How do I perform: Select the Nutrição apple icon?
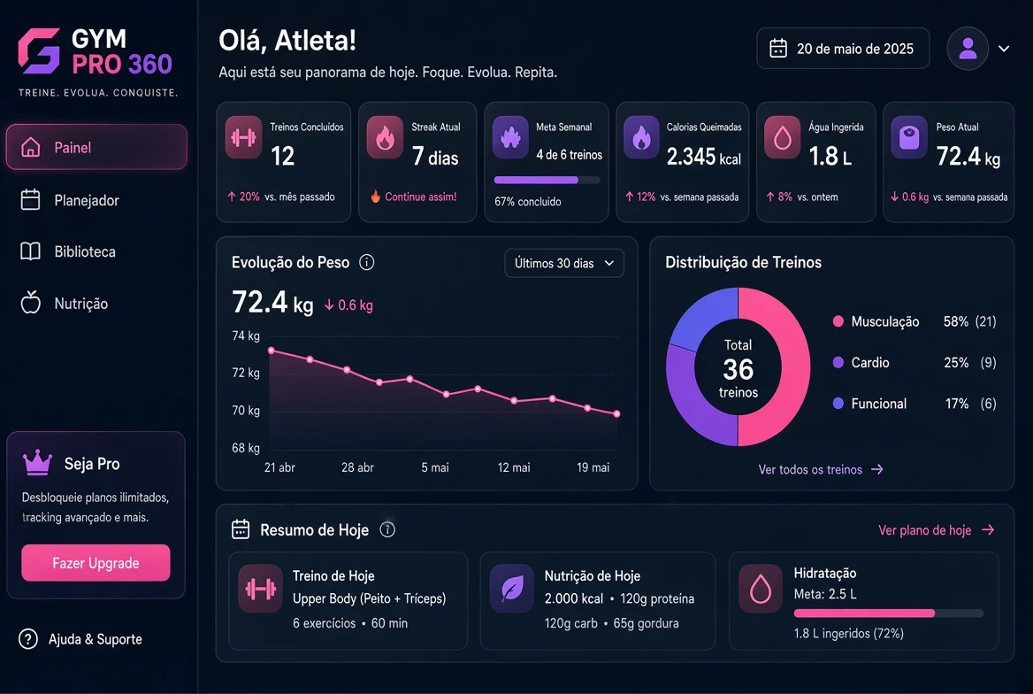click(30, 302)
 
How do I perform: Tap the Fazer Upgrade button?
click(96, 563)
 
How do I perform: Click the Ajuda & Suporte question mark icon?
click(28, 638)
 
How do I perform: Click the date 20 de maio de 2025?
click(854, 49)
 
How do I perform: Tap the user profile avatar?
click(968, 48)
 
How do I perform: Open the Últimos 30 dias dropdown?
click(564, 263)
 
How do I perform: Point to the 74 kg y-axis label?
click(246, 335)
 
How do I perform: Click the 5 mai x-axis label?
click(435, 467)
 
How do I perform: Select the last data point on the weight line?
click(616, 414)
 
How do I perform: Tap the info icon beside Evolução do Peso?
click(367, 263)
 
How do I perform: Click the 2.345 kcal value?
click(704, 157)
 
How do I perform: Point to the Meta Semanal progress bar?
click(547, 180)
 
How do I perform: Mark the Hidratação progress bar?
click(889, 613)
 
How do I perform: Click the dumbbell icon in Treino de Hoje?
click(260, 589)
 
